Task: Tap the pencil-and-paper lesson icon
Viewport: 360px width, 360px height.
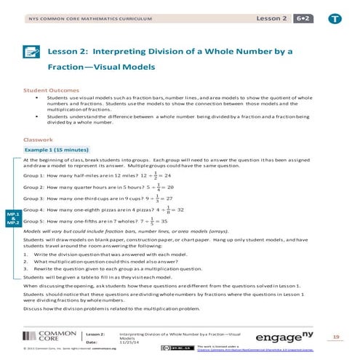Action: tap(31, 52)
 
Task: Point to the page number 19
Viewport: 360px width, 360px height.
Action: tap(335, 337)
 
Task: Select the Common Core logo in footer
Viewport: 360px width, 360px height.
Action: tap(52, 336)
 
